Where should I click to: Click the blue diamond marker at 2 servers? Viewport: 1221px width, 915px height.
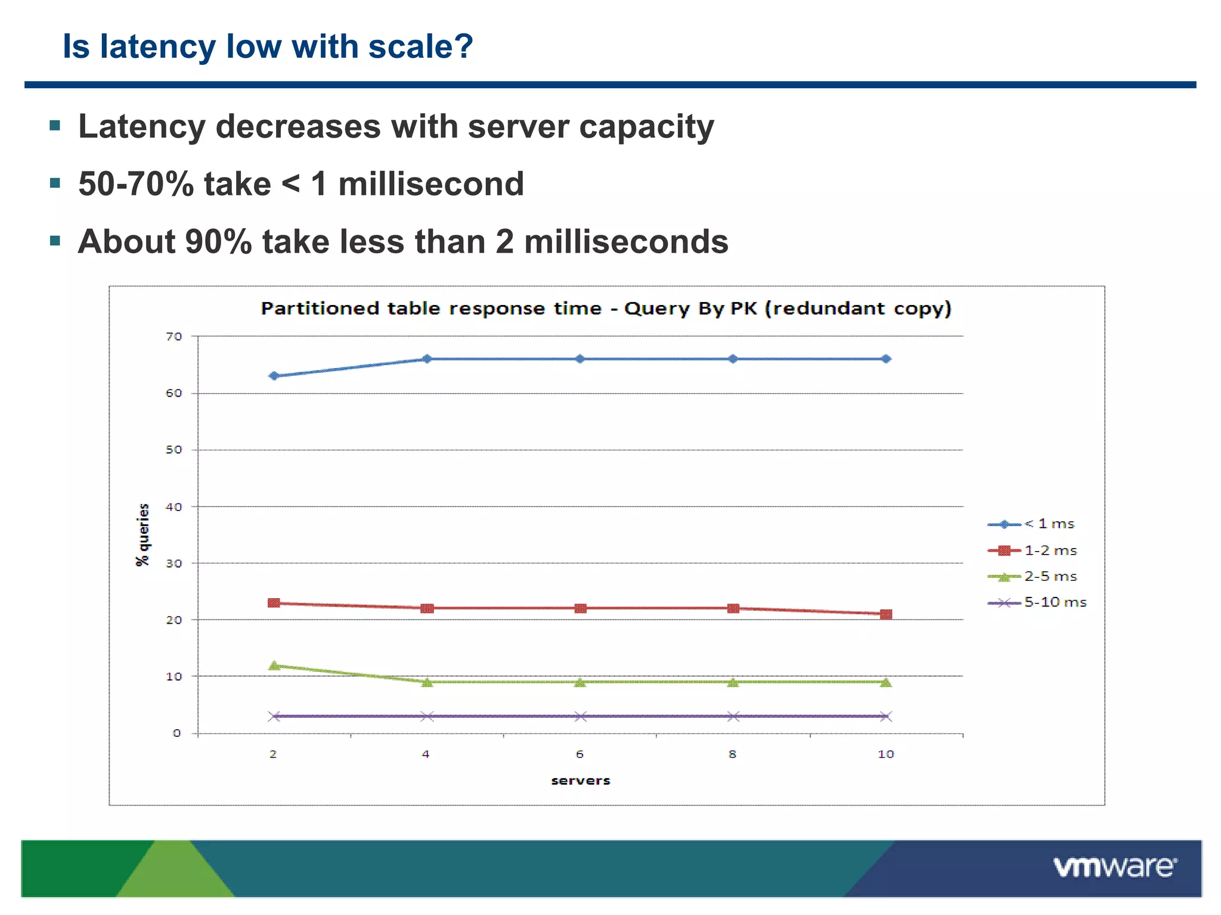[x=274, y=376]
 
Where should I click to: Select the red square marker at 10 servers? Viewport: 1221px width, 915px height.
[x=886, y=614]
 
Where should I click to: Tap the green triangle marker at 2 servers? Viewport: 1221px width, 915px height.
[x=274, y=665]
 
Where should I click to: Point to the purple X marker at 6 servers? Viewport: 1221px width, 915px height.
[x=580, y=716]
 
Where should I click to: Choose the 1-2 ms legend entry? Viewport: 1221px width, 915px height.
[x=1050, y=550]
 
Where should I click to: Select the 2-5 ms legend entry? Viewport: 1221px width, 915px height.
[x=1050, y=577]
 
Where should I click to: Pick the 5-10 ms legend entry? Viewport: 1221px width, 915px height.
[x=1055, y=602]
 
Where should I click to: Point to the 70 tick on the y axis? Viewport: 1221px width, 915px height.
[x=173, y=337]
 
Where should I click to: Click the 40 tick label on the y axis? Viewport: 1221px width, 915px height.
[x=173, y=507]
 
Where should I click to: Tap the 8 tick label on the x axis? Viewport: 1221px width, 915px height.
[x=733, y=754]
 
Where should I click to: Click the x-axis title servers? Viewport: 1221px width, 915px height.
[x=580, y=780]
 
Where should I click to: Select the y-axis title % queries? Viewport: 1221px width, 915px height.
[x=142, y=534]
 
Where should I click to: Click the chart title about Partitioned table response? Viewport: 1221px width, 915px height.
[x=606, y=309]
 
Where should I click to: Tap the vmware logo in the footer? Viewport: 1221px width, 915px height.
[x=1114, y=867]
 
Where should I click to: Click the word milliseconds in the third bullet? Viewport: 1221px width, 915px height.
[x=626, y=242]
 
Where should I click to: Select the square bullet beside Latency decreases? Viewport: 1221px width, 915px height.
[x=55, y=125]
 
